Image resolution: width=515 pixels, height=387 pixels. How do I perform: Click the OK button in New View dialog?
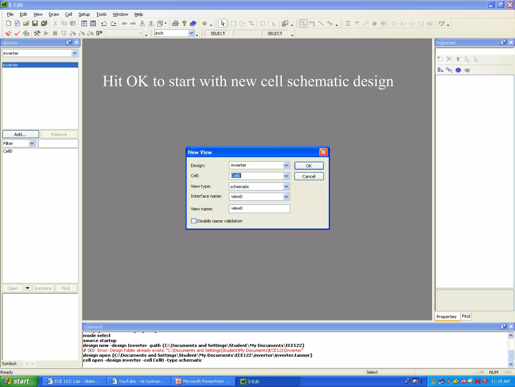309,166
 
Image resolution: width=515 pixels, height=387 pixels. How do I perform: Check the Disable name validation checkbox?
194,221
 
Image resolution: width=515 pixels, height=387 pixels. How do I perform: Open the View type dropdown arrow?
286,187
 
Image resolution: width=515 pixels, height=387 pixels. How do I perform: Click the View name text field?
259,209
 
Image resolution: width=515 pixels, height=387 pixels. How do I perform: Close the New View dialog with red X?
323,152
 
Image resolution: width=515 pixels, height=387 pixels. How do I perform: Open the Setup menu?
84,14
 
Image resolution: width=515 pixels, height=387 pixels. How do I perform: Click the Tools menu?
101,14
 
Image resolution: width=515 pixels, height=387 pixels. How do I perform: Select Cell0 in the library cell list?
8,151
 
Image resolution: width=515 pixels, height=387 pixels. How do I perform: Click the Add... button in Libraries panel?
20,135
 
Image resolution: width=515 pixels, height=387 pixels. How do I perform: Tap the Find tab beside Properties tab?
466,316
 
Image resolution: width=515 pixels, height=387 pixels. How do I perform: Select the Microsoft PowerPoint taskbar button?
203,381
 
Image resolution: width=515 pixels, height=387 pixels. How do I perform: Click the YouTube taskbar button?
139,381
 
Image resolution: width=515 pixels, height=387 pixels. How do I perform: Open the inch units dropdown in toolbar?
191,33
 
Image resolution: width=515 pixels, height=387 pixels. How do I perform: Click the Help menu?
138,14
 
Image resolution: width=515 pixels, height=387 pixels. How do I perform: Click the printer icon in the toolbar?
175,24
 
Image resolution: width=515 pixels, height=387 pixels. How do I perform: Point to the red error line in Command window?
193,350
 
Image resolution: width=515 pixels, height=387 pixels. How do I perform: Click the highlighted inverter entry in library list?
40,65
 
